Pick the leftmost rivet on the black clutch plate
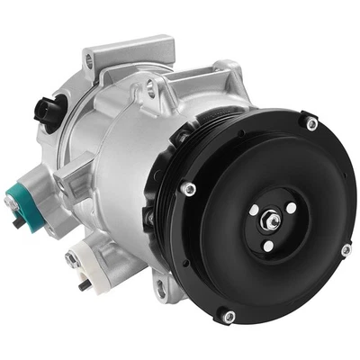click(x=191, y=189)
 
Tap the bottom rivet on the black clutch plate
click(x=229, y=316)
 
